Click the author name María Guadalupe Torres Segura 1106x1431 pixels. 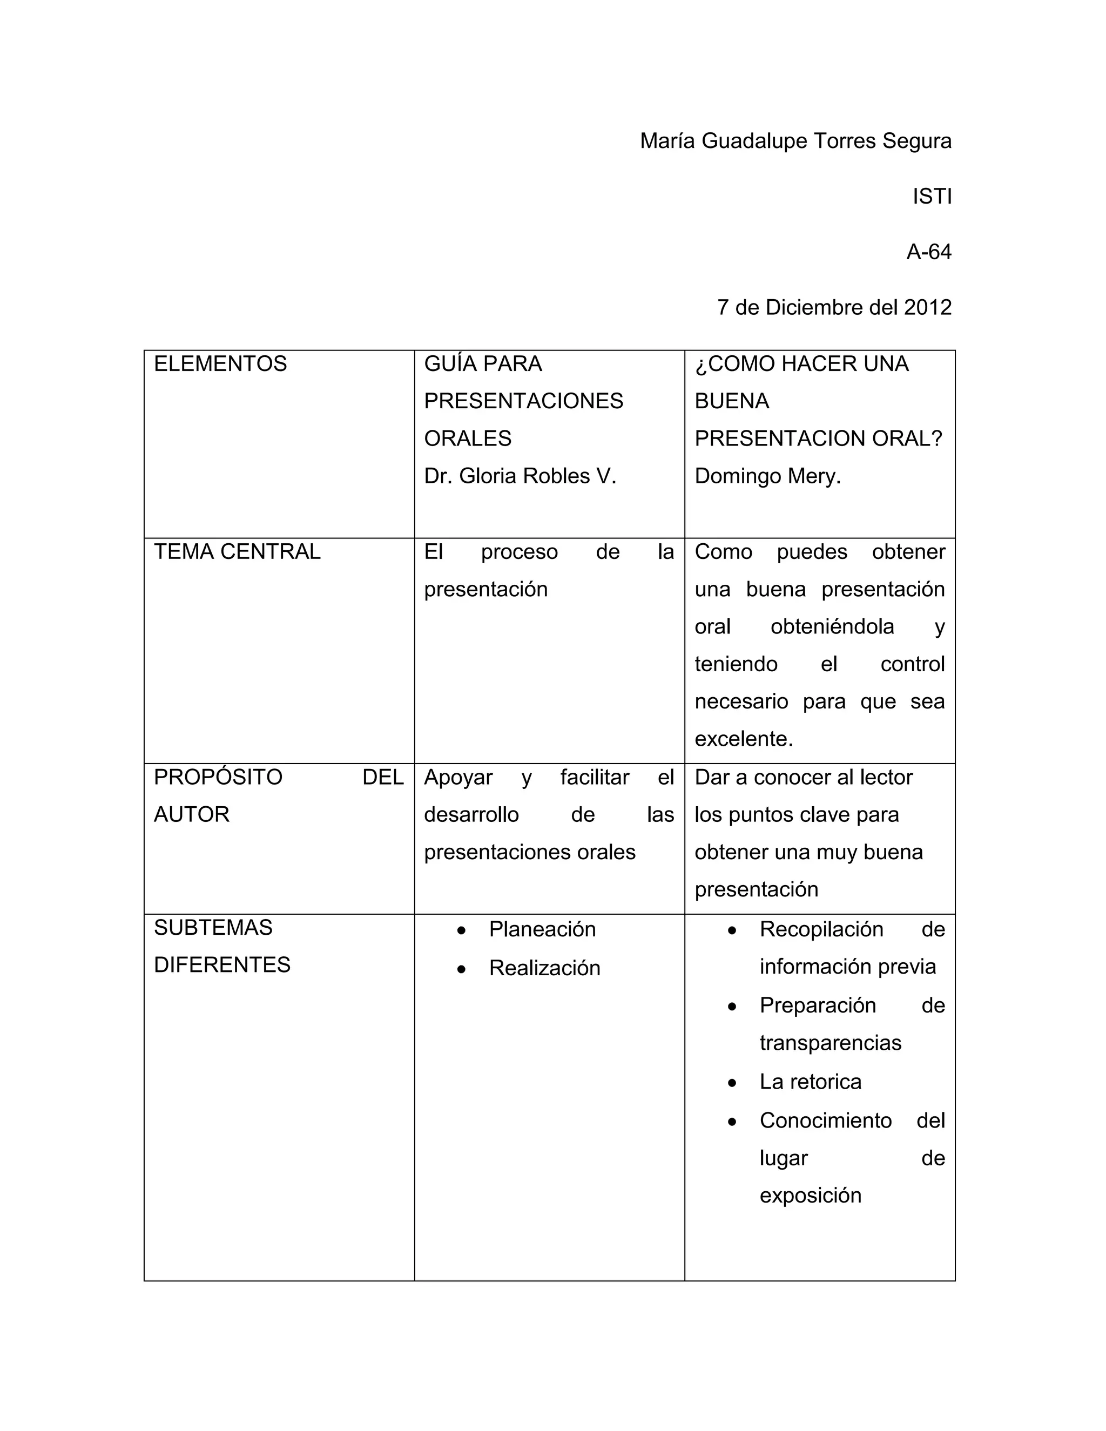point(795,141)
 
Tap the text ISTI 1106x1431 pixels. point(932,197)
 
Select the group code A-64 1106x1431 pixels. point(928,252)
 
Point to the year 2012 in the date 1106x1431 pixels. point(927,307)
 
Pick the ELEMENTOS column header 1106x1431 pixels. point(220,363)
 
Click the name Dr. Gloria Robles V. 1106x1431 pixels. point(520,476)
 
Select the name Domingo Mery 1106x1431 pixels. point(767,476)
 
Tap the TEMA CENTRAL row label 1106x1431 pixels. point(237,552)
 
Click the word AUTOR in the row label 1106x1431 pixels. point(191,814)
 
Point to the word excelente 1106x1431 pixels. point(744,739)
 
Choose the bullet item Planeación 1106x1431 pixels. point(542,929)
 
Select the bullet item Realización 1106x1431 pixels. point(544,968)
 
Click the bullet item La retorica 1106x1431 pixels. point(811,1082)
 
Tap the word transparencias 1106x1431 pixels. point(830,1043)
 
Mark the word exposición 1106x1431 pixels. point(811,1195)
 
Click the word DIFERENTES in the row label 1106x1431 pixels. point(222,965)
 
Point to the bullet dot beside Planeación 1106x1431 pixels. point(462,930)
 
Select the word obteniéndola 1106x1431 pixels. point(832,627)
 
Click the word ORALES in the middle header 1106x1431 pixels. point(467,438)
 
